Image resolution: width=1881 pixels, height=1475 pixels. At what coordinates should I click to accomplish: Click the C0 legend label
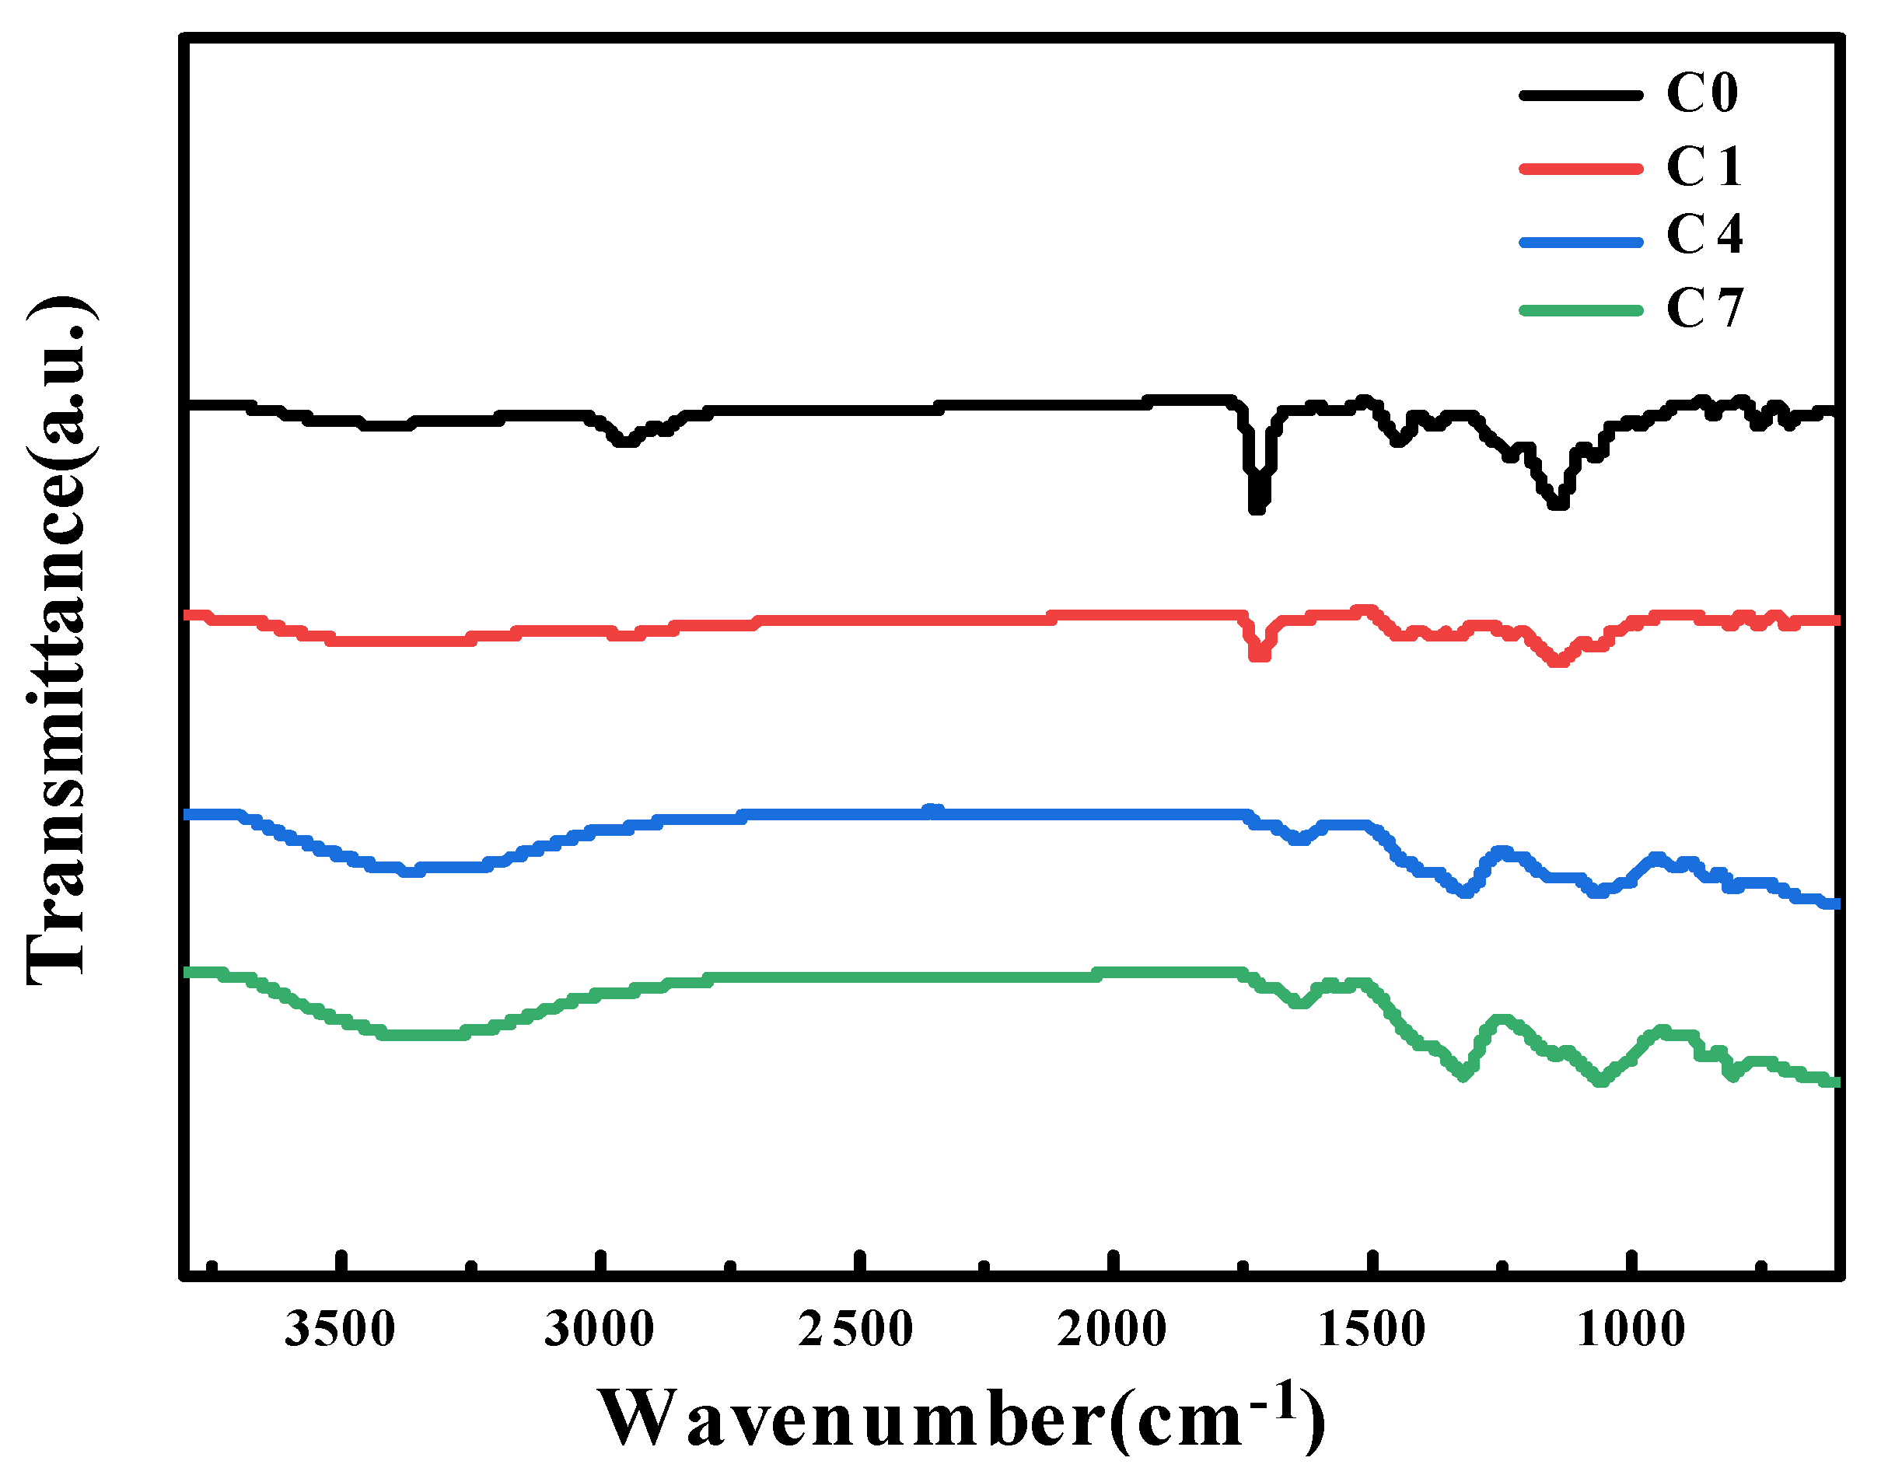[x=1701, y=93]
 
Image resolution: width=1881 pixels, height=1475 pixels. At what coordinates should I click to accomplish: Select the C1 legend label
[x=1702, y=166]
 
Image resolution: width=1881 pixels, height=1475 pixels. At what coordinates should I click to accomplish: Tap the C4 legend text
[x=1703, y=234]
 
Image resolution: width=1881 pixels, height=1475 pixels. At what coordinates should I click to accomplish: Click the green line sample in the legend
[x=1579, y=310]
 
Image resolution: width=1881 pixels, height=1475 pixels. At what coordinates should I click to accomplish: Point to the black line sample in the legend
[x=1579, y=95]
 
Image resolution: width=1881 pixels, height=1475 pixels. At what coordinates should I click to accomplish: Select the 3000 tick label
[x=599, y=1329]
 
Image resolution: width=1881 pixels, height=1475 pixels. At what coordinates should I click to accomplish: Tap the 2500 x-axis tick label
[x=855, y=1329]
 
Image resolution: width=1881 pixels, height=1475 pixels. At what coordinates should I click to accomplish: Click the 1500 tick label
[x=1371, y=1329]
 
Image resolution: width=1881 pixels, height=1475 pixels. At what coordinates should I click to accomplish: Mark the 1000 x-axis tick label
[x=1630, y=1329]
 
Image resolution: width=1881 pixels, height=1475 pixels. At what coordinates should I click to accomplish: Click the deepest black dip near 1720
[x=1257, y=508]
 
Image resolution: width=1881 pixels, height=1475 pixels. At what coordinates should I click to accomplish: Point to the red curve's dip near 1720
[x=1259, y=655]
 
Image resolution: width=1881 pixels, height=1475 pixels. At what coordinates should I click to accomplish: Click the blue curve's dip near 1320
[x=1465, y=892]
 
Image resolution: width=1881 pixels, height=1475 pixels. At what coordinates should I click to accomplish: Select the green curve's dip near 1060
[x=1600, y=1079]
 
